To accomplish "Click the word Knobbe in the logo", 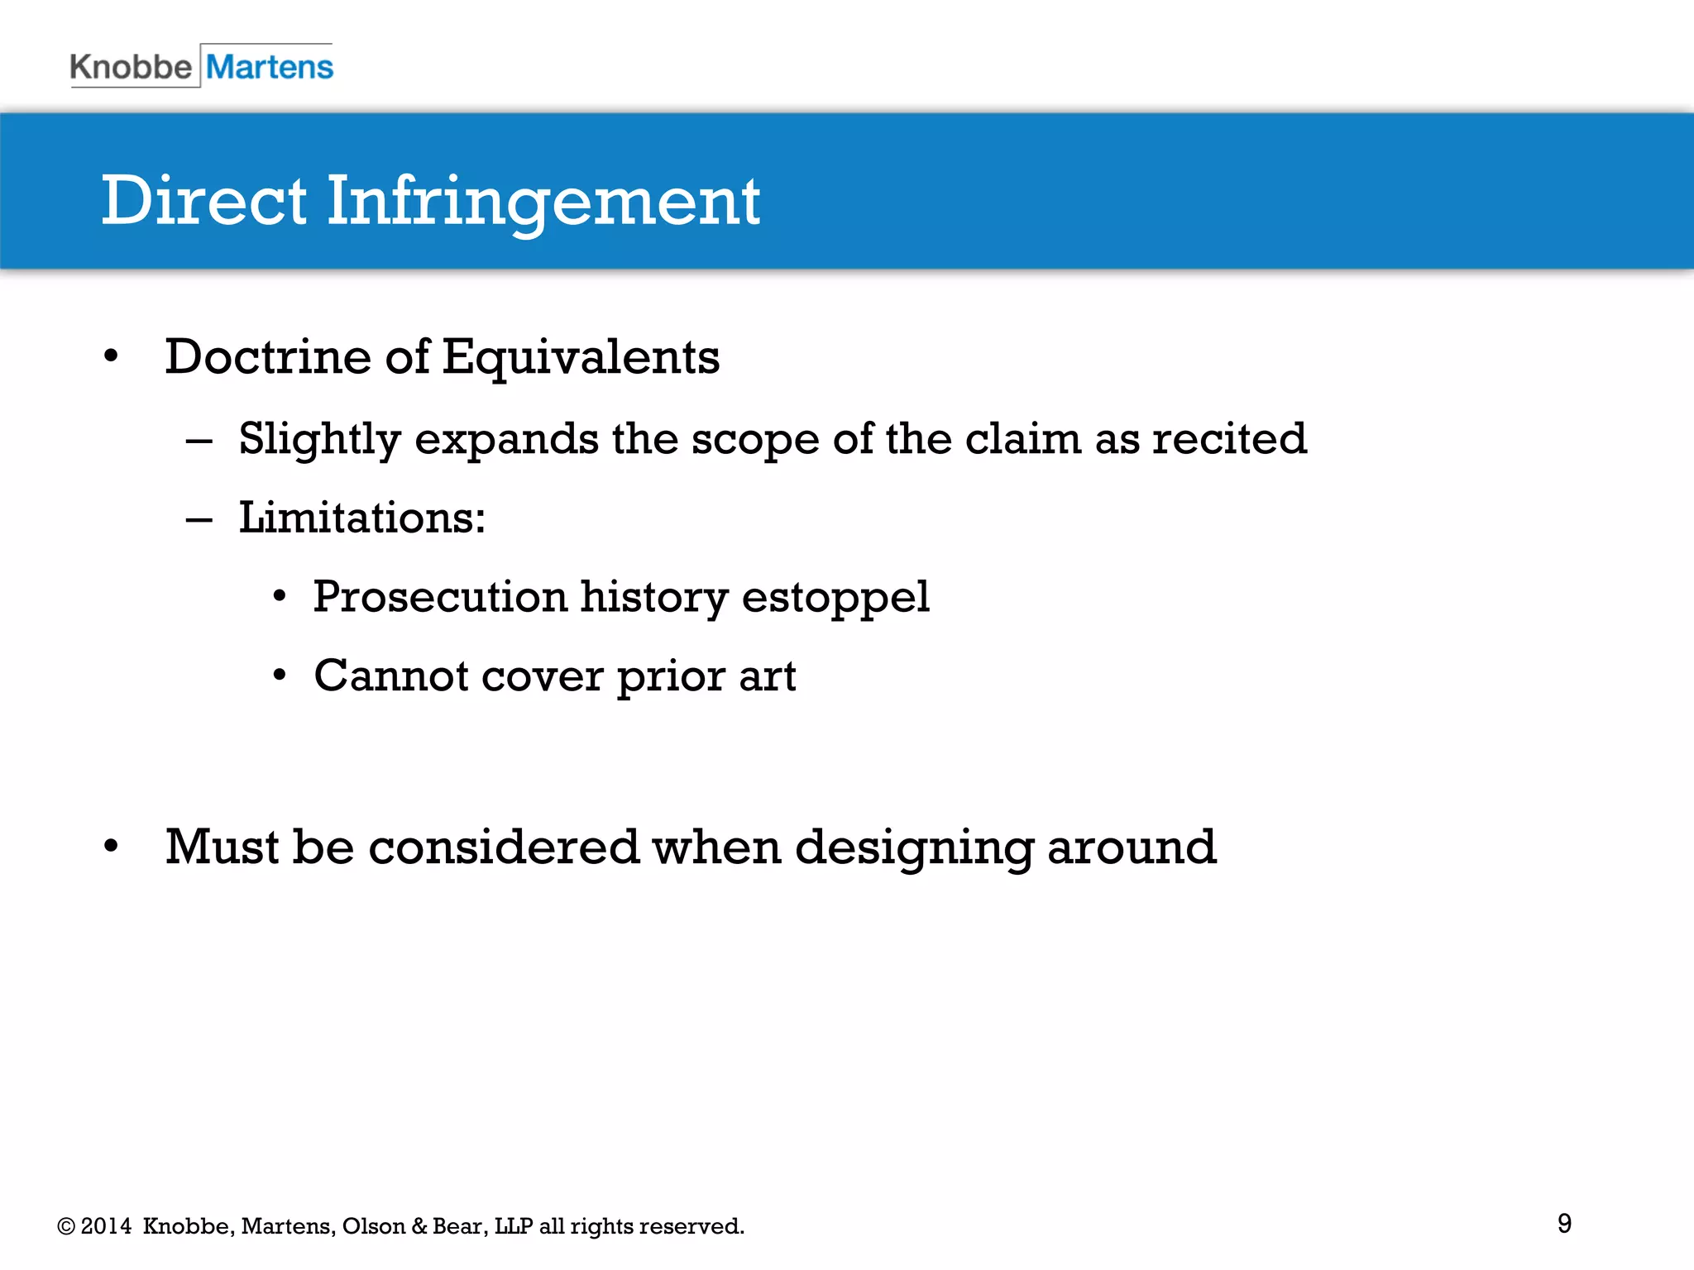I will (x=131, y=67).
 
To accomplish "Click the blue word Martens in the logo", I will (x=270, y=67).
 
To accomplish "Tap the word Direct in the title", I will (x=204, y=201).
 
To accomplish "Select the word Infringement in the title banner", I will (x=543, y=201).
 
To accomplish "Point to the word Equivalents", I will (x=581, y=357).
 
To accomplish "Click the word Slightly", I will (x=319, y=438).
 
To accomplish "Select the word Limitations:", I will (x=362, y=518).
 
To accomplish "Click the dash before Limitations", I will (x=199, y=520).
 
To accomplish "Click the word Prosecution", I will (x=440, y=597).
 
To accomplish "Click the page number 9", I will (x=1564, y=1223).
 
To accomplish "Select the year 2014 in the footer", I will (x=106, y=1226).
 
